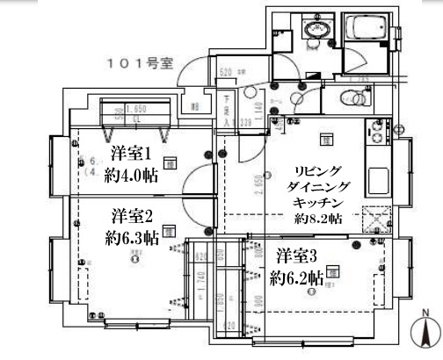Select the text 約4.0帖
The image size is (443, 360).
[x=130, y=174]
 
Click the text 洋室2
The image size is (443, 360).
[x=132, y=216]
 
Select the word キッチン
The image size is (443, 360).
[x=315, y=202]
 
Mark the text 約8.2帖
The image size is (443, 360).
[x=315, y=219]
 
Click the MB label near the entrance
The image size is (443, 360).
[x=196, y=109]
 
